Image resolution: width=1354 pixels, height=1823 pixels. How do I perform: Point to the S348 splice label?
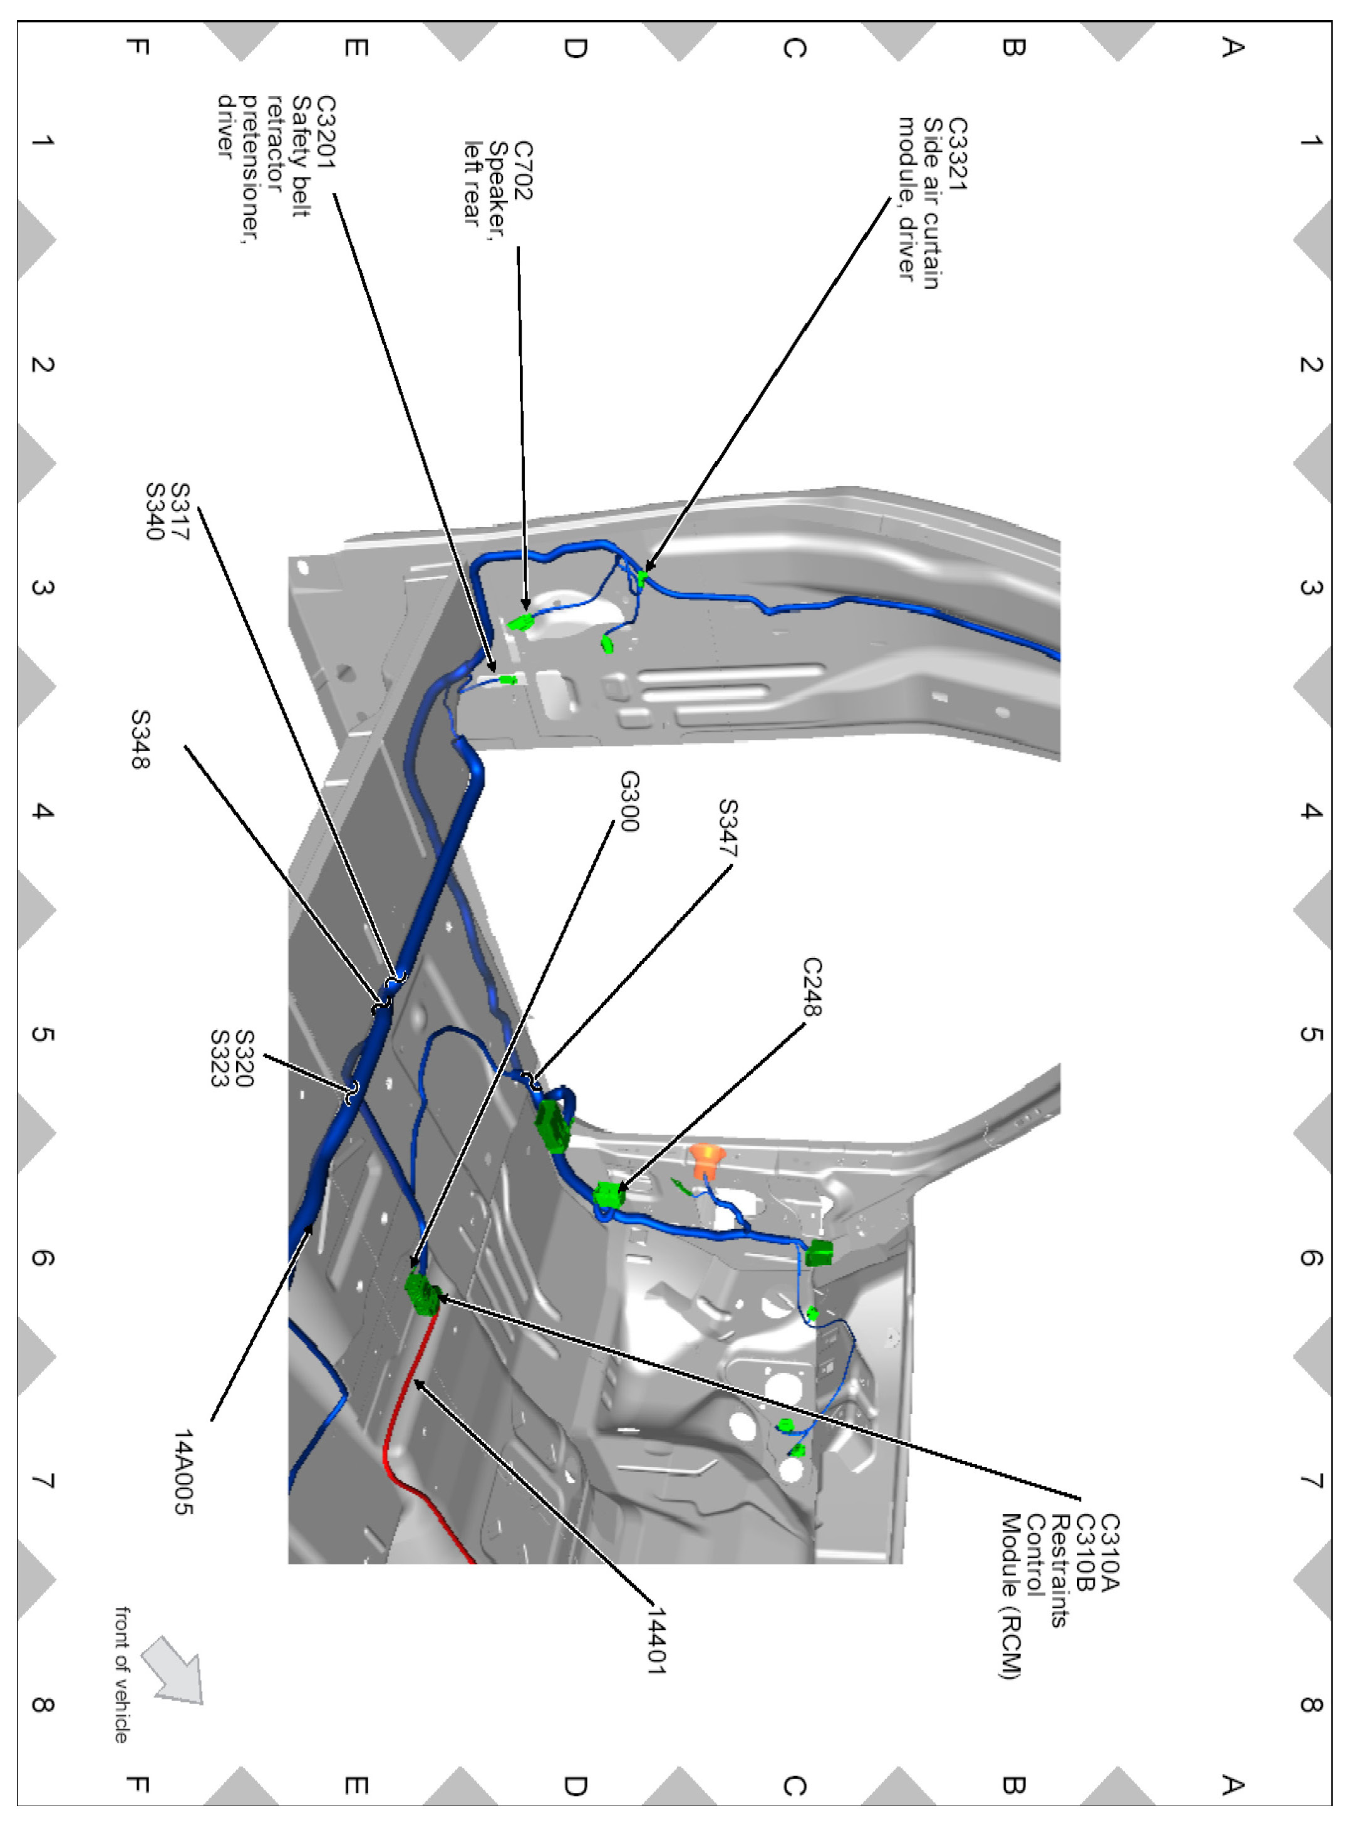140,739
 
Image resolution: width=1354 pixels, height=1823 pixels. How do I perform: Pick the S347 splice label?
727,828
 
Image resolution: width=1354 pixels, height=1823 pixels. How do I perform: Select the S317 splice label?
178,511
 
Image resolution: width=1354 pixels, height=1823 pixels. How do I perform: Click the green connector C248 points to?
608,1195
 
